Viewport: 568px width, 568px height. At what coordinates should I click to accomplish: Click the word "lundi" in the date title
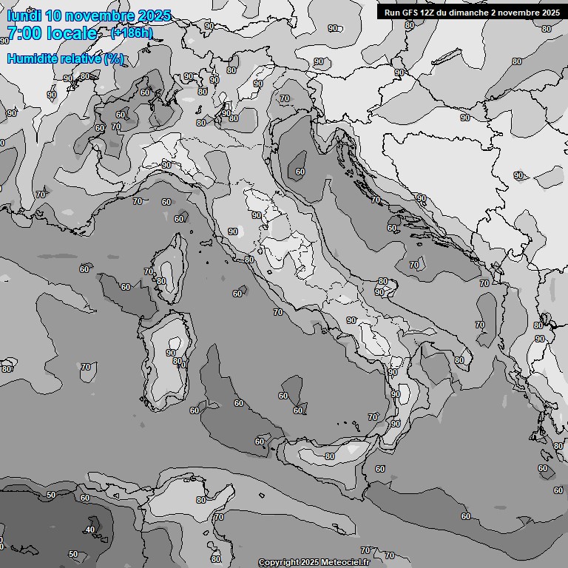click(x=24, y=16)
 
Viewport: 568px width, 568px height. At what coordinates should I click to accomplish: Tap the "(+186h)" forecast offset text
click(x=131, y=33)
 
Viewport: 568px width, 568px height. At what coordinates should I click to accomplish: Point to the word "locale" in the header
click(x=72, y=33)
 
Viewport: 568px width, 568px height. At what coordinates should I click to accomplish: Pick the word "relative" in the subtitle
click(x=82, y=58)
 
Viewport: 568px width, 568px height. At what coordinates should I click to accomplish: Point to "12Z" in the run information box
click(x=432, y=13)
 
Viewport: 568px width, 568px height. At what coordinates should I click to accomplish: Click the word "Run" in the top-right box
click(x=393, y=13)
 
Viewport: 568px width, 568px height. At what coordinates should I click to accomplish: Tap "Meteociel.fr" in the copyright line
click(x=352, y=563)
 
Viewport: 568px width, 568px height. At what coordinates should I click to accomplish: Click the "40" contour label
click(x=90, y=530)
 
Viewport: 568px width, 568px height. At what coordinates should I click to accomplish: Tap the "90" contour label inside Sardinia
click(x=171, y=353)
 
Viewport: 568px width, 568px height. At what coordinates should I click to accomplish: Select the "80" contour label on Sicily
click(x=330, y=456)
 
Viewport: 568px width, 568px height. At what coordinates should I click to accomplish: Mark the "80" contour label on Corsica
click(x=161, y=281)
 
